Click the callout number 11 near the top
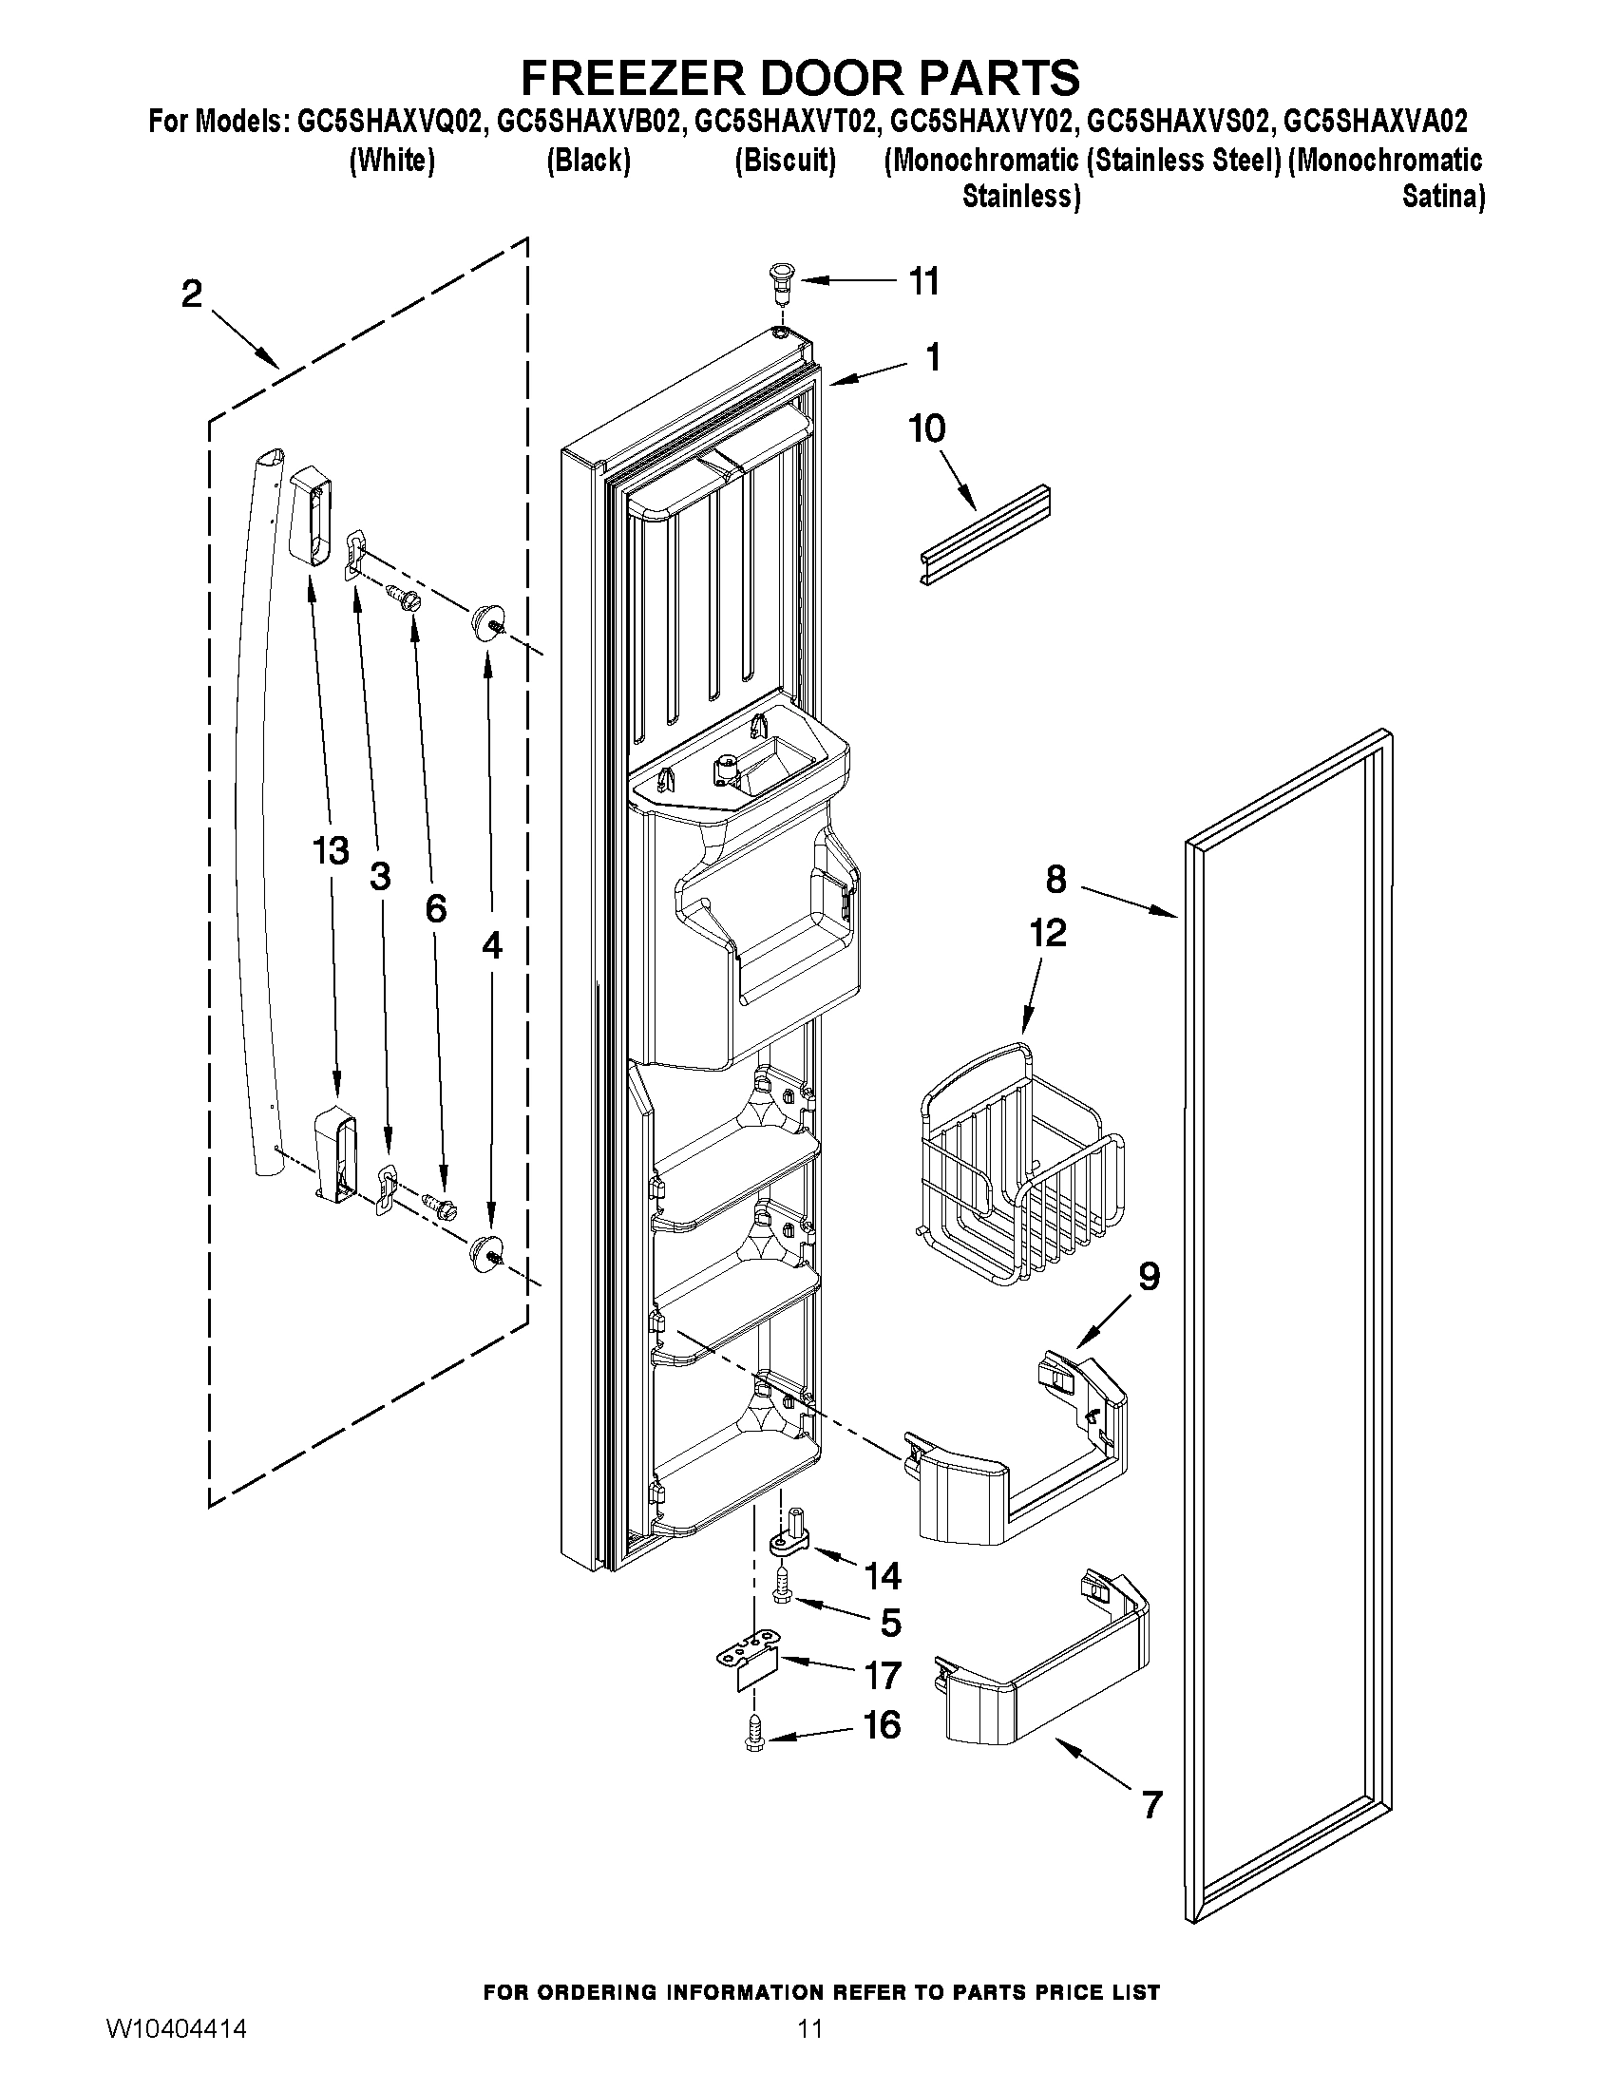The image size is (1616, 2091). coord(922,281)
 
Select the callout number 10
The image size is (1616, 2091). coord(926,428)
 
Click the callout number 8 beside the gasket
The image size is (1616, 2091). coord(1055,879)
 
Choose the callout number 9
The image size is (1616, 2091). coord(1149,1276)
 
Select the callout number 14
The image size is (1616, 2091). coord(883,1575)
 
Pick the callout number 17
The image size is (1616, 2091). coord(883,1676)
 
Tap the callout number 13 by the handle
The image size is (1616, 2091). coord(331,850)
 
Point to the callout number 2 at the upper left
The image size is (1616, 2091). coord(193,294)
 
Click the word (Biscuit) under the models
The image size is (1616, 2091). coord(785,161)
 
